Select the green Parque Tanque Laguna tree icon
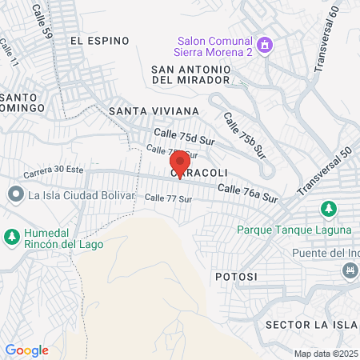[x=327, y=210]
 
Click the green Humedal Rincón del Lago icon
[x=12, y=236]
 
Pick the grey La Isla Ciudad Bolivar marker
[x=15, y=194]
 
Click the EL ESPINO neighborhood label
[x=98, y=39]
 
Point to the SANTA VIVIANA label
[x=154, y=110]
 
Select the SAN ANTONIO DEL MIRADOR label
[x=191, y=74]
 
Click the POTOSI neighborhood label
[x=236, y=276]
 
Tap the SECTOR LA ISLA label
[x=308, y=324]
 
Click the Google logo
[x=26, y=350]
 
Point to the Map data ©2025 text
[x=325, y=354]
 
